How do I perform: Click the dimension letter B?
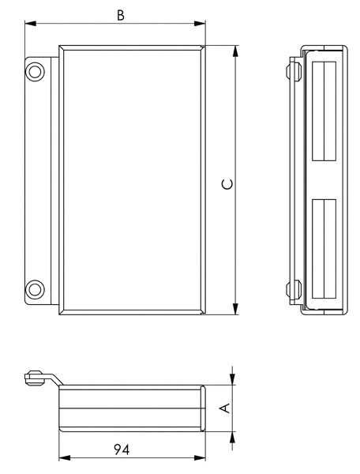pos(121,15)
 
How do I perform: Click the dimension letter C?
pos(227,184)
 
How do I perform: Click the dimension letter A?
pos(225,408)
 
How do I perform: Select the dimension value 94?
pos(122,450)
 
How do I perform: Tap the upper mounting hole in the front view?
pos(35,72)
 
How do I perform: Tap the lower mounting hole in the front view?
pos(35,289)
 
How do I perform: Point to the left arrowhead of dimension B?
pos(31,23)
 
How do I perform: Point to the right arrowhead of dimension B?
pos(200,23)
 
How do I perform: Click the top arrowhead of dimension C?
pos(235,51)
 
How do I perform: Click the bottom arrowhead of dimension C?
pos(235,309)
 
